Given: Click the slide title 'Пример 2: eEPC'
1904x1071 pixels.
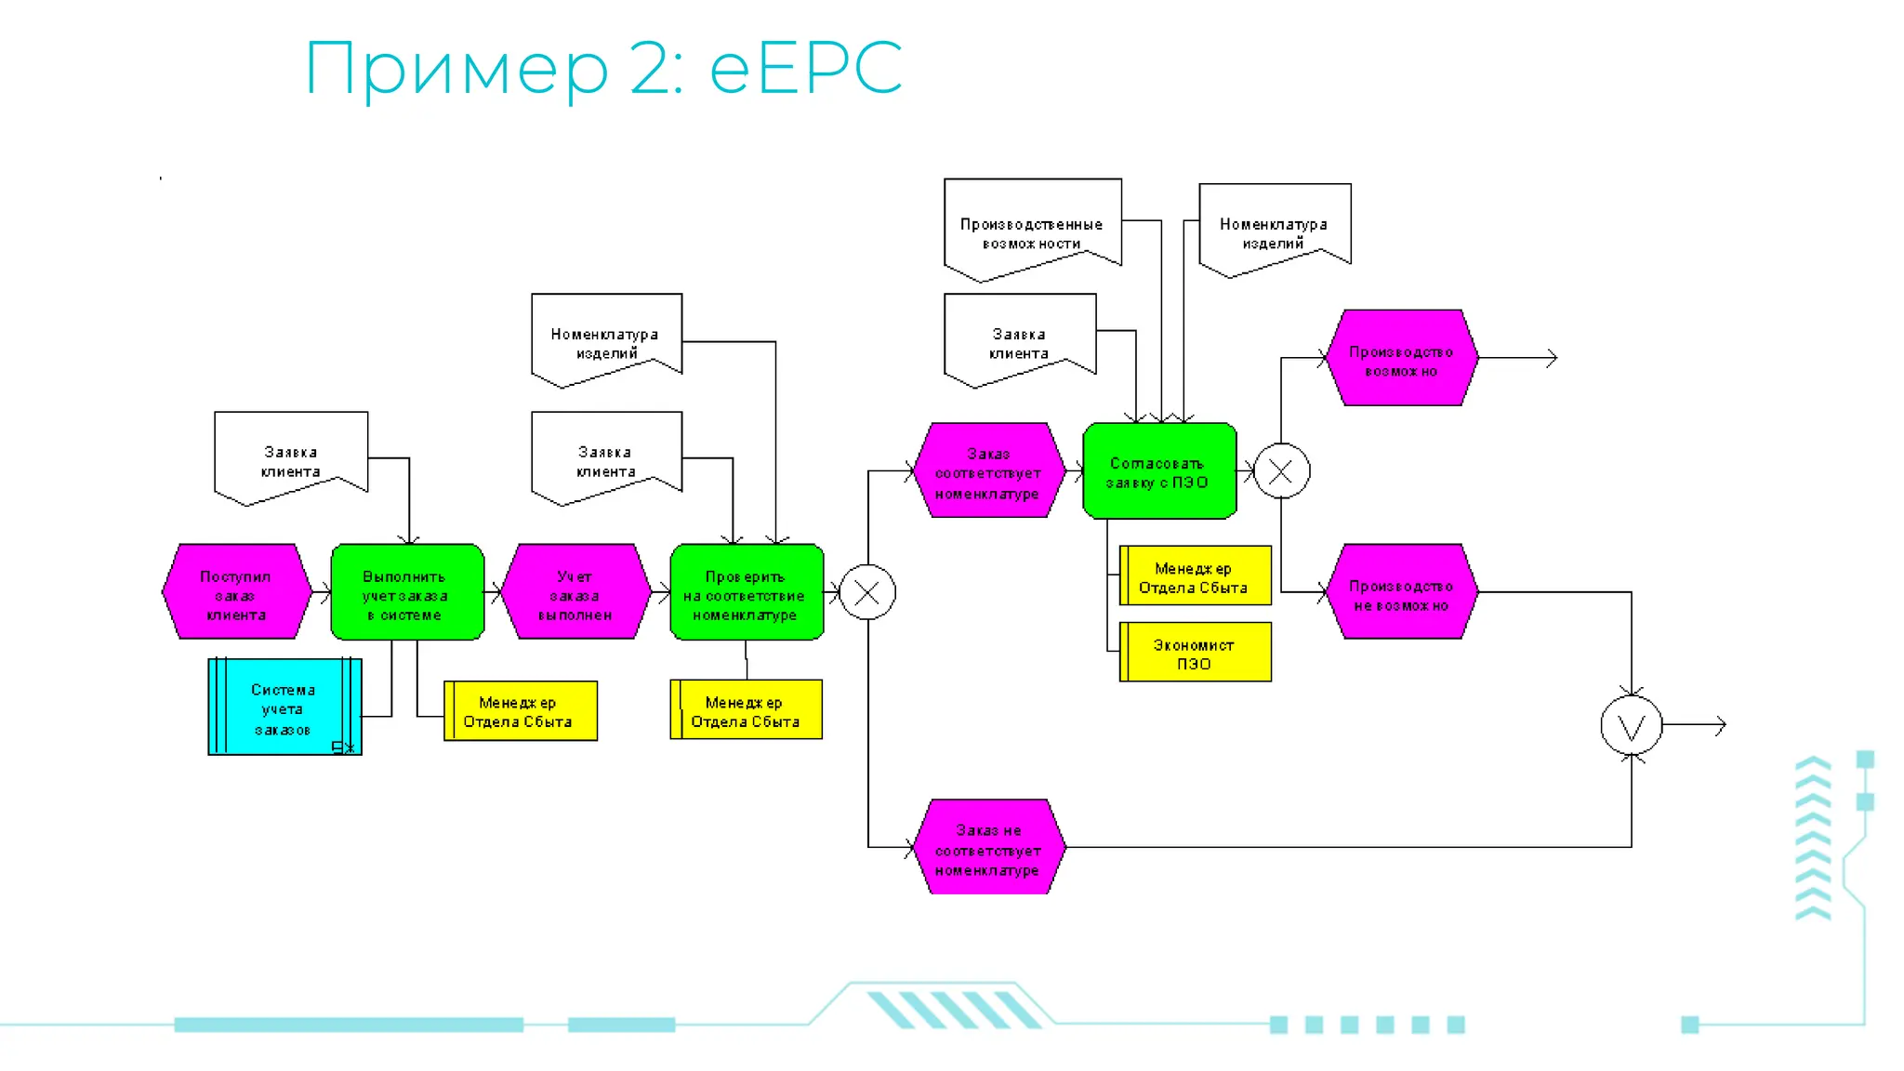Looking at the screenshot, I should point(603,68).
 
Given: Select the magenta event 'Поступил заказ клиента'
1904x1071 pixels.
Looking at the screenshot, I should point(236,592).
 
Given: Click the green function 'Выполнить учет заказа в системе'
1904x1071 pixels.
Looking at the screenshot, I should point(407,592).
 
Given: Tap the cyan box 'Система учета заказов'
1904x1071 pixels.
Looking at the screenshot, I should point(284,707).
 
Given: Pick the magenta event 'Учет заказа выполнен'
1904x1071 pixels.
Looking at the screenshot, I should point(575,592).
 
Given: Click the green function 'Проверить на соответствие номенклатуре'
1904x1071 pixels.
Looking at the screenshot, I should point(746,592).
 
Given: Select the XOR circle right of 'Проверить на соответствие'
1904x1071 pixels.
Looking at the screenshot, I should point(866,592).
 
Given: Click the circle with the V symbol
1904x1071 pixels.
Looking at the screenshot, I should point(1631,725).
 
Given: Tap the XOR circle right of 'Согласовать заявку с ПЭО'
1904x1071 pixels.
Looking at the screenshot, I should point(1281,471).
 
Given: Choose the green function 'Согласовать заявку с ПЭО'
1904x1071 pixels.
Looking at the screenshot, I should point(1158,471).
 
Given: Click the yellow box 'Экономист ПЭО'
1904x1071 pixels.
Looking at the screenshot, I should point(1195,653).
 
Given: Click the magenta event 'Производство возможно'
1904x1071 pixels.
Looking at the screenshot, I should point(1400,358).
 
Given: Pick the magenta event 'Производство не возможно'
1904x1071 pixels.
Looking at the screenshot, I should point(1400,592).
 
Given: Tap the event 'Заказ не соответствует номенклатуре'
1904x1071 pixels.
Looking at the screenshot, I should point(987,847).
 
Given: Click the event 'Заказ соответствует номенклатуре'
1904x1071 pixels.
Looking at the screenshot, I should point(987,471).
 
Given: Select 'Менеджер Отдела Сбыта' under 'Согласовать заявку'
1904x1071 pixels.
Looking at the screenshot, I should point(1195,575).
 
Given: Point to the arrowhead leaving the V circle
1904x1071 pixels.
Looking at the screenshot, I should point(1721,725).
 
